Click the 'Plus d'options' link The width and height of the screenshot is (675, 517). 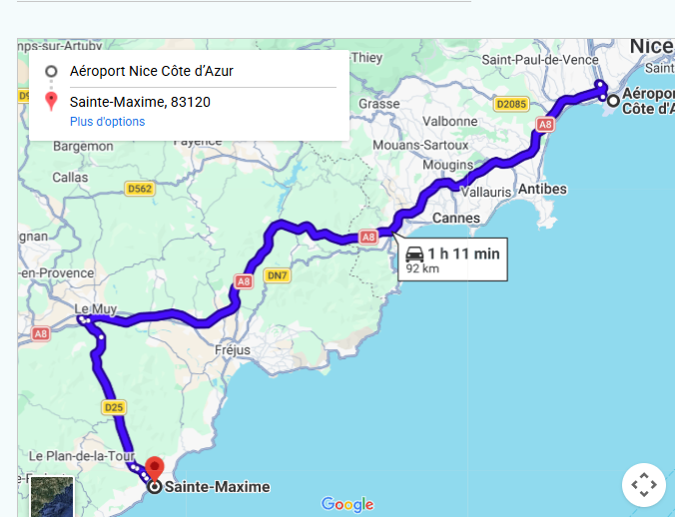coord(107,122)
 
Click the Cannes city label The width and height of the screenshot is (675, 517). coord(455,218)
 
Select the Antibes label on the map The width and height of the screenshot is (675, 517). coord(543,190)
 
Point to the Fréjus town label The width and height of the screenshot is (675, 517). coord(233,350)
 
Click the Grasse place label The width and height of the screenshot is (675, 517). coord(379,103)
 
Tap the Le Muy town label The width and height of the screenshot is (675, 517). coord(96,308)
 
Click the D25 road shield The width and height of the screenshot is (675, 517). coord(113,407)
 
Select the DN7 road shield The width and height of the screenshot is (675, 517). coord(277,275)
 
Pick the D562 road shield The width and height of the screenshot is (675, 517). coord(139,188)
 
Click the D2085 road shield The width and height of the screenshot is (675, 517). coord(510,103)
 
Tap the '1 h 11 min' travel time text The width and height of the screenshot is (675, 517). coord(464,254)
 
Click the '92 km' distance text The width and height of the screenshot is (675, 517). coord(422,268)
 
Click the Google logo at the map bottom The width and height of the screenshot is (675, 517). coord(347,505)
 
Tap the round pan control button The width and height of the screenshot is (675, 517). coord(643,485)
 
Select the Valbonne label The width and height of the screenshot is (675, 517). coord(450,120)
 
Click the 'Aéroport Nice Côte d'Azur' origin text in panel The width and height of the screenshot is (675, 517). coord(152,72)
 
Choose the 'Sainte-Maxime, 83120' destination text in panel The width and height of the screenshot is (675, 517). coord(140,102)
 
